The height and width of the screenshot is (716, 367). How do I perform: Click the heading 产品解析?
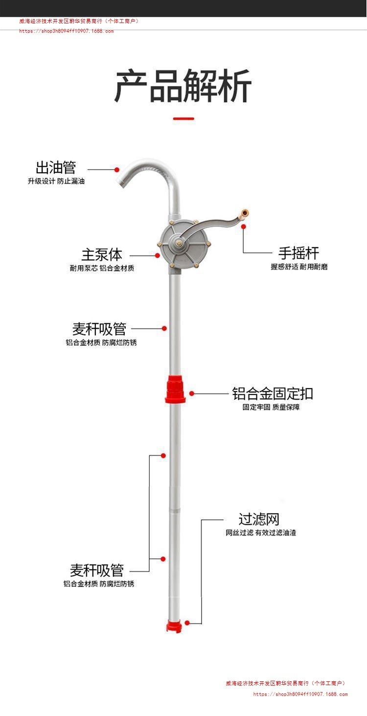coord(183,86)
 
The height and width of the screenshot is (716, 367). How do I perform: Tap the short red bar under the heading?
coord(183,118)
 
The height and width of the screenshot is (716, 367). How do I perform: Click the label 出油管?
coord(56,167)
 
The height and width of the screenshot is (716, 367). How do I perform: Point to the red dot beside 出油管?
coord(117,169)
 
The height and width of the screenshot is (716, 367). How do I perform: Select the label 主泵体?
coord(102,254)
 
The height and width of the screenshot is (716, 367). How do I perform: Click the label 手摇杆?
coord(298,253)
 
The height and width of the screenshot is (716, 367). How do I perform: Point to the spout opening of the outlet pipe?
coord(120,185)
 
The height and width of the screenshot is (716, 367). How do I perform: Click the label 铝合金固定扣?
coord(272,393)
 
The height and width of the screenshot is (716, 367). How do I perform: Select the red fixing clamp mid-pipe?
coord(175,389)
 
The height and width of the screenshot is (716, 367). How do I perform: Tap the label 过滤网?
coord(259,519)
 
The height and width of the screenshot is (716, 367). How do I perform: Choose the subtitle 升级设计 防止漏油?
coord(56,181)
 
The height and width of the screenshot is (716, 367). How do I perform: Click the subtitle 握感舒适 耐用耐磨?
coord(299,267)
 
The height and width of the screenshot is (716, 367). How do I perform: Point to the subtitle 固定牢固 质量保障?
coord(271,407)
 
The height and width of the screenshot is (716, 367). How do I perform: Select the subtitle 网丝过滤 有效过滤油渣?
coord(260,532)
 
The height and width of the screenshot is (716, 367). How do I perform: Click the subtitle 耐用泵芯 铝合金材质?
coord(102,268)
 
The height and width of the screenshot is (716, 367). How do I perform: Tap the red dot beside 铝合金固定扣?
coord(192,393)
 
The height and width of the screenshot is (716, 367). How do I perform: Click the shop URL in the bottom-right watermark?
coord(300,694)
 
